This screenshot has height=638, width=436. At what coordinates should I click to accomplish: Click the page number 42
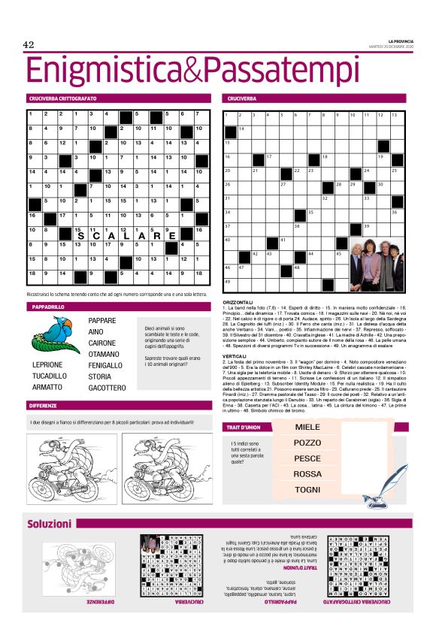(x=30, y=45)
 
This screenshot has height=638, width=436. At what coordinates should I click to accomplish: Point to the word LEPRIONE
(x=47, y=364)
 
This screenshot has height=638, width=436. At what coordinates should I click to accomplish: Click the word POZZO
(x=307, y=443)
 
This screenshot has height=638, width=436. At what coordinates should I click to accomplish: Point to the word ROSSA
(x=307, y=473)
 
